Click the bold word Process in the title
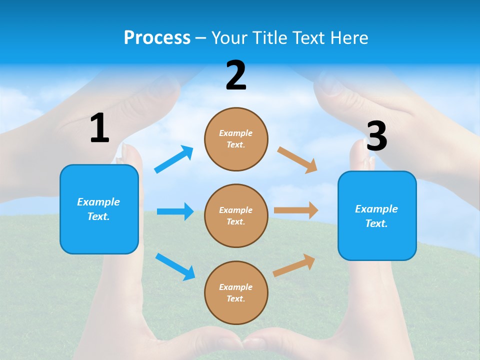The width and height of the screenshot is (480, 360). [x=157, y=37]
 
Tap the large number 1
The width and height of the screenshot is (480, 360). [x=99, y=128]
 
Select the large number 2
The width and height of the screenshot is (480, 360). [x=236, y=75]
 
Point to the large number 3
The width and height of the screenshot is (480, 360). [x=376, y=136]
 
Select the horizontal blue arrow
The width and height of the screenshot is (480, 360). [x=175, y=211]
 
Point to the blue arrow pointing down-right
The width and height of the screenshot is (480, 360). [x=175, y=266]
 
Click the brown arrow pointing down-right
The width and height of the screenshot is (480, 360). [x=297, y=160]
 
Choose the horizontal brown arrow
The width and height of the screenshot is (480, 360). [x=296, y=210]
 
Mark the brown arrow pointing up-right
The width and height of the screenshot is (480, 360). [x=294, y=265]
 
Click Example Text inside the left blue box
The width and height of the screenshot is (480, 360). [x=98, y=209]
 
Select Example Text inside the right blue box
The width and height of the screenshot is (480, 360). [x=376, y=216]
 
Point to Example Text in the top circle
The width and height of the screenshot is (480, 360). [x=236, y=138]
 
